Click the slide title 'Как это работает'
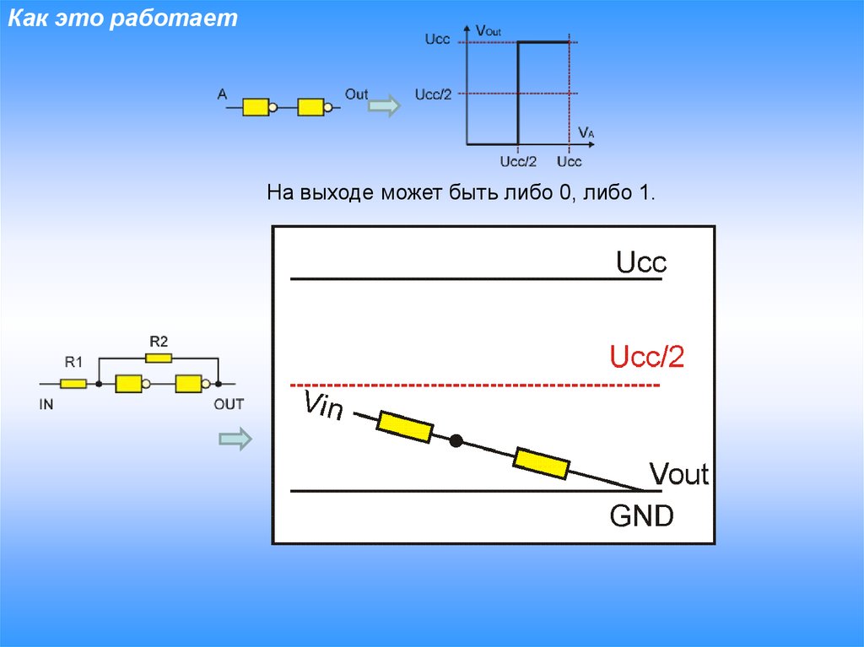click(x=123, y=19)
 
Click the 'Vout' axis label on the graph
click(x=489, y=31)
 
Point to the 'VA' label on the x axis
click(x=586, y=132)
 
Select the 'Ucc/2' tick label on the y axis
click(x=433, y=94)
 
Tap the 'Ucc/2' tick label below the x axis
click(x=518, y=161)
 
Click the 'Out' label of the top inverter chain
click(x=356, y=94)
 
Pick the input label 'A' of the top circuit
click(x=222, y=95)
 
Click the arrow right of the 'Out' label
click(x=386, y=107)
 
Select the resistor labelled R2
click(x=158, y=358)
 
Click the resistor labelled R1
click(x=73, y=384)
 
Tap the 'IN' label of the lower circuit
click(x=46, y=404)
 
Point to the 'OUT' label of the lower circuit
click(x=228, y=404)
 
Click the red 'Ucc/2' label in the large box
click(x=647, y=358)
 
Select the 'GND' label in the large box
click(x=641, y=515)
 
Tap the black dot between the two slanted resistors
click(x=456, y=440)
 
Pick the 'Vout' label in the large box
click(x=678, y=474)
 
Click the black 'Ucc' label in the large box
click(x=641, y=262)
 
